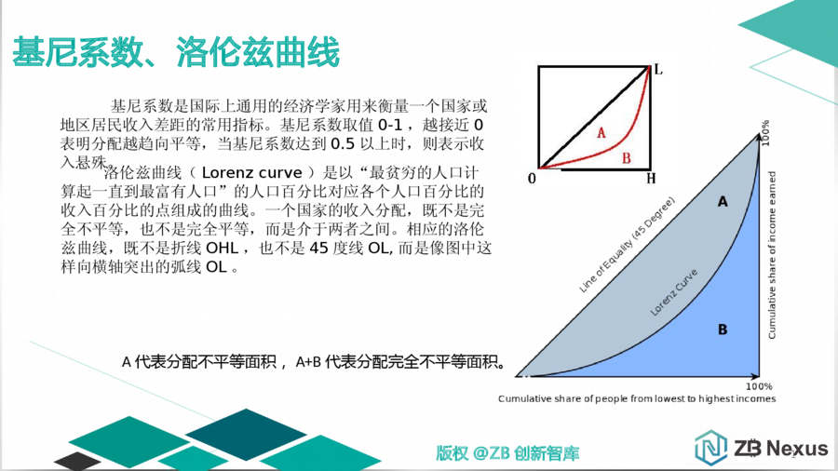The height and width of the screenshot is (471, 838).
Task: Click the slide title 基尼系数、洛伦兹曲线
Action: click(x=176, y=52)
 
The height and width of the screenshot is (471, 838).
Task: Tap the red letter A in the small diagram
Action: click(x=601, y=132)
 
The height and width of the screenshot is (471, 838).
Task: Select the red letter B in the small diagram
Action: click(x=626, y=158)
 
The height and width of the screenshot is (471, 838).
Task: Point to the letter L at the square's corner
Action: click(x=658, y=70)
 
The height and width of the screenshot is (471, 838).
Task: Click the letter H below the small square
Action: click(x=651, y=179)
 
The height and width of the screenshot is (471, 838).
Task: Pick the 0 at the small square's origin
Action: click(x=532, y=179)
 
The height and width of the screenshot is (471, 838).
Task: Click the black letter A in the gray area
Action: click(x=723, y=201)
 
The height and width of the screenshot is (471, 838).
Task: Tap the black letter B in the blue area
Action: click(x=723, y=330)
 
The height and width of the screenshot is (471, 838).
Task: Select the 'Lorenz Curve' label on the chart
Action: click(x=674, y=292)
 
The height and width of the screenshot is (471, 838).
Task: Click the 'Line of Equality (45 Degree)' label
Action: click(x=627, y=245)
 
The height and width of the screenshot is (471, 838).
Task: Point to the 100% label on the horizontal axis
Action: click(x=759, y=386)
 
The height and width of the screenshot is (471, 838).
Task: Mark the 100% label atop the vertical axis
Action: click(x=765, y=133)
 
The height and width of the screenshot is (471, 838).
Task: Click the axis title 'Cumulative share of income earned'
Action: click(x=772, y=255)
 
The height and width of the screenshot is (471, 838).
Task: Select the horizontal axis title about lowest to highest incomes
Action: click(x=637, y=399)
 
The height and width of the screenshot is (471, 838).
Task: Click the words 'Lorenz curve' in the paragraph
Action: click(x=251, y=173)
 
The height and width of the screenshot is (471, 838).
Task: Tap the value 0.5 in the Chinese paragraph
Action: click(x=343, y=143)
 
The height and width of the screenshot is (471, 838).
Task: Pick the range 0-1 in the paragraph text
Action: click(x=389, y=125)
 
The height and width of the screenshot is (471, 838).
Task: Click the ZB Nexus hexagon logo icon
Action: click(x=710, y=447)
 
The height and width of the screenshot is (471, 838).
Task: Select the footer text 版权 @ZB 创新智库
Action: click(x=507, y=453)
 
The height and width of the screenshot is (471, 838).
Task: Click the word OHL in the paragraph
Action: click(x=223, y=249)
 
